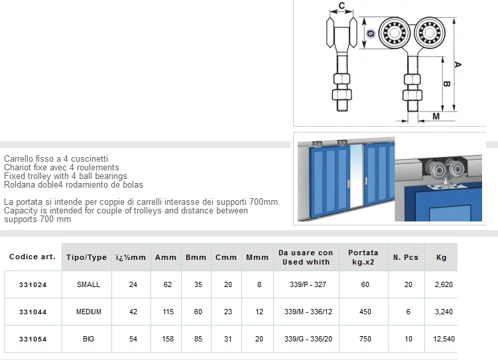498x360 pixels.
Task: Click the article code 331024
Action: (x=32, y=285)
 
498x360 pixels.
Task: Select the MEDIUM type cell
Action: (x=89, y=312)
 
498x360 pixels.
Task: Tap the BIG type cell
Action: (x=89, y=339)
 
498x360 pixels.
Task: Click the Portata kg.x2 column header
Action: (x=363, y=257)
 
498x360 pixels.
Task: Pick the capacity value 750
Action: (x=365, y=339)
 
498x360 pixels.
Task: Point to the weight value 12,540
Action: (x=444, y=339)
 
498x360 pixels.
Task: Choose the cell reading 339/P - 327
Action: (x=308, y=285)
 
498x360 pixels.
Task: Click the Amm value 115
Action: (x=168, y=312)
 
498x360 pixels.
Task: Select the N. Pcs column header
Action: (x=406, y=257)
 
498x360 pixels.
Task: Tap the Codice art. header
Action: (x=32, y=257)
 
